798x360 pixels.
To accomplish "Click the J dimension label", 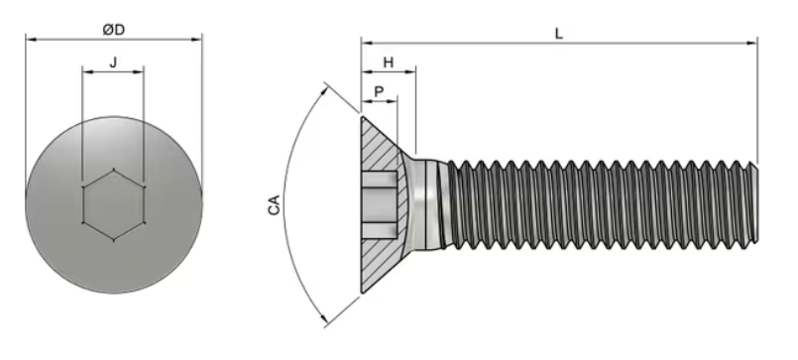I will [113, 61].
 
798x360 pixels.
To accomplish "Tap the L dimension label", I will [559, 33].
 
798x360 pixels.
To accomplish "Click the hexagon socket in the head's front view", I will [113, 203].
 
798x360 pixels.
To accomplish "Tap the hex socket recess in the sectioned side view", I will [383, 204].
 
